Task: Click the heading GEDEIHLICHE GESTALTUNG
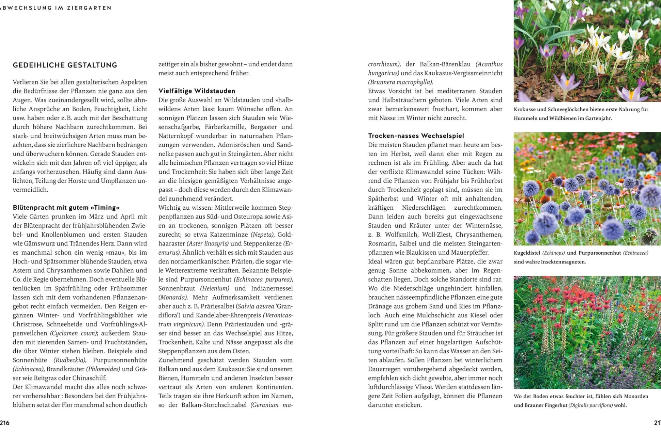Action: tap(65, 65)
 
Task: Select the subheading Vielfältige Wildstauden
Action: tap(197, 91)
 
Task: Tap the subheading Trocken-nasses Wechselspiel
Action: tap(416, 136)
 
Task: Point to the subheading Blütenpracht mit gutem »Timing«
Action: tap(66, 208)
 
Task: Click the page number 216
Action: tap(5, 423)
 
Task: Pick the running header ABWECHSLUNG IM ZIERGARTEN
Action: tap(56, 8)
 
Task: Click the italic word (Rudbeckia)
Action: tap(70, 360)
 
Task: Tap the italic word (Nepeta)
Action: tap(262, 235)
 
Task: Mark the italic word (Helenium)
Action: tap(215, 288)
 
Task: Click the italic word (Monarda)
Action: tap(173, 297)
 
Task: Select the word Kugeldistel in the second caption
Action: tap(527, 253)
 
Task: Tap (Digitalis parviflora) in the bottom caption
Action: tap(590, 405)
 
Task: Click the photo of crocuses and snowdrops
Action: tap(587, 51)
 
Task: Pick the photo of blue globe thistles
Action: tap(587, 189)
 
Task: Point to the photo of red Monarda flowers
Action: tap(587, 332)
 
